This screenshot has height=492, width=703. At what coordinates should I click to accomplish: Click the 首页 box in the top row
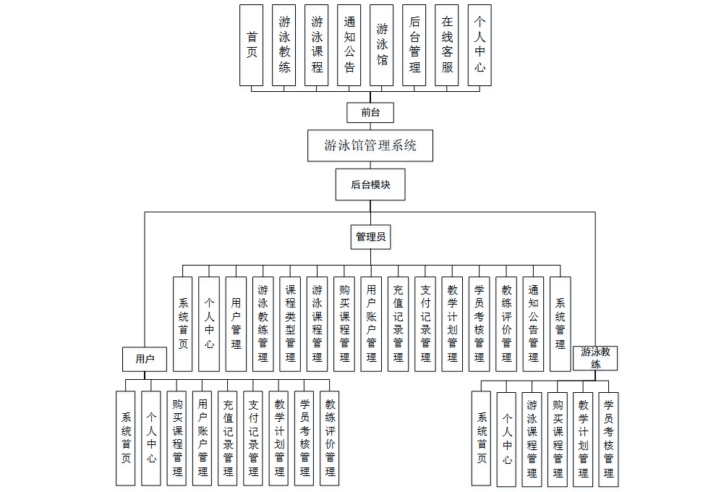(x=252, y=45)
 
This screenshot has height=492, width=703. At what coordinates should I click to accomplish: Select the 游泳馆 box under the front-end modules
(x=382, y=45)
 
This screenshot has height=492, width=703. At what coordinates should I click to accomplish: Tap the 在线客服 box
(x=447, y=45)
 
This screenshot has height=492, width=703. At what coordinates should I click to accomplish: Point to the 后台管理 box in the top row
(x=414, y=45)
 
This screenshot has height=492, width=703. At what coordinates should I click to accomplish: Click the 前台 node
(x=370, y=112)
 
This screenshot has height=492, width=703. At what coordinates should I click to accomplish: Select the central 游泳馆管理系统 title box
(x=370, y=146)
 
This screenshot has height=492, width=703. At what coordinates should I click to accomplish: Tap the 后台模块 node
(x=370, y=184)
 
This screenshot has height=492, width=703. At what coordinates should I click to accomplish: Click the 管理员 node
(x=370, y=237)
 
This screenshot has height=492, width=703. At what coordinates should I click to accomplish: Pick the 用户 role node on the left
(x=145, y=358)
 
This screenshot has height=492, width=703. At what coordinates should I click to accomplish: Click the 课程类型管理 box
(x=290, y=323)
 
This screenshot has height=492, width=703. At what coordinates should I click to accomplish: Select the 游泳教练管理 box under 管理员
(x=263, y=323)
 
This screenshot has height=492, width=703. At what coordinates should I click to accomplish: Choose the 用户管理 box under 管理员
(x=236, y=323)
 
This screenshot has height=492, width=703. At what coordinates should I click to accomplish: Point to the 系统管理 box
(x=561, y=323)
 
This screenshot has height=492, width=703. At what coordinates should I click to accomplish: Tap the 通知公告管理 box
(x=533, y=323)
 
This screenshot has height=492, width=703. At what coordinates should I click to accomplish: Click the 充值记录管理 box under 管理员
(x=398, y=323)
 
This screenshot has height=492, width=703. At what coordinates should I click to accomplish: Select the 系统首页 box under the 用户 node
(x=126, y=438)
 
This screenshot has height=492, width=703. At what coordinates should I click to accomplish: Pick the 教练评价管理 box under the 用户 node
(x=330, y=438)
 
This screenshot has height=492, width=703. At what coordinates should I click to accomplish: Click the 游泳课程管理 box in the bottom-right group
(x=532, y=438)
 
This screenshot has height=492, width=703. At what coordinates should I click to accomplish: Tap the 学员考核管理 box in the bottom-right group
(x=608, y=438)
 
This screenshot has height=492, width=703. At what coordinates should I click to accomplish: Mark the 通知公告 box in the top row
(x=349, y=45)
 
